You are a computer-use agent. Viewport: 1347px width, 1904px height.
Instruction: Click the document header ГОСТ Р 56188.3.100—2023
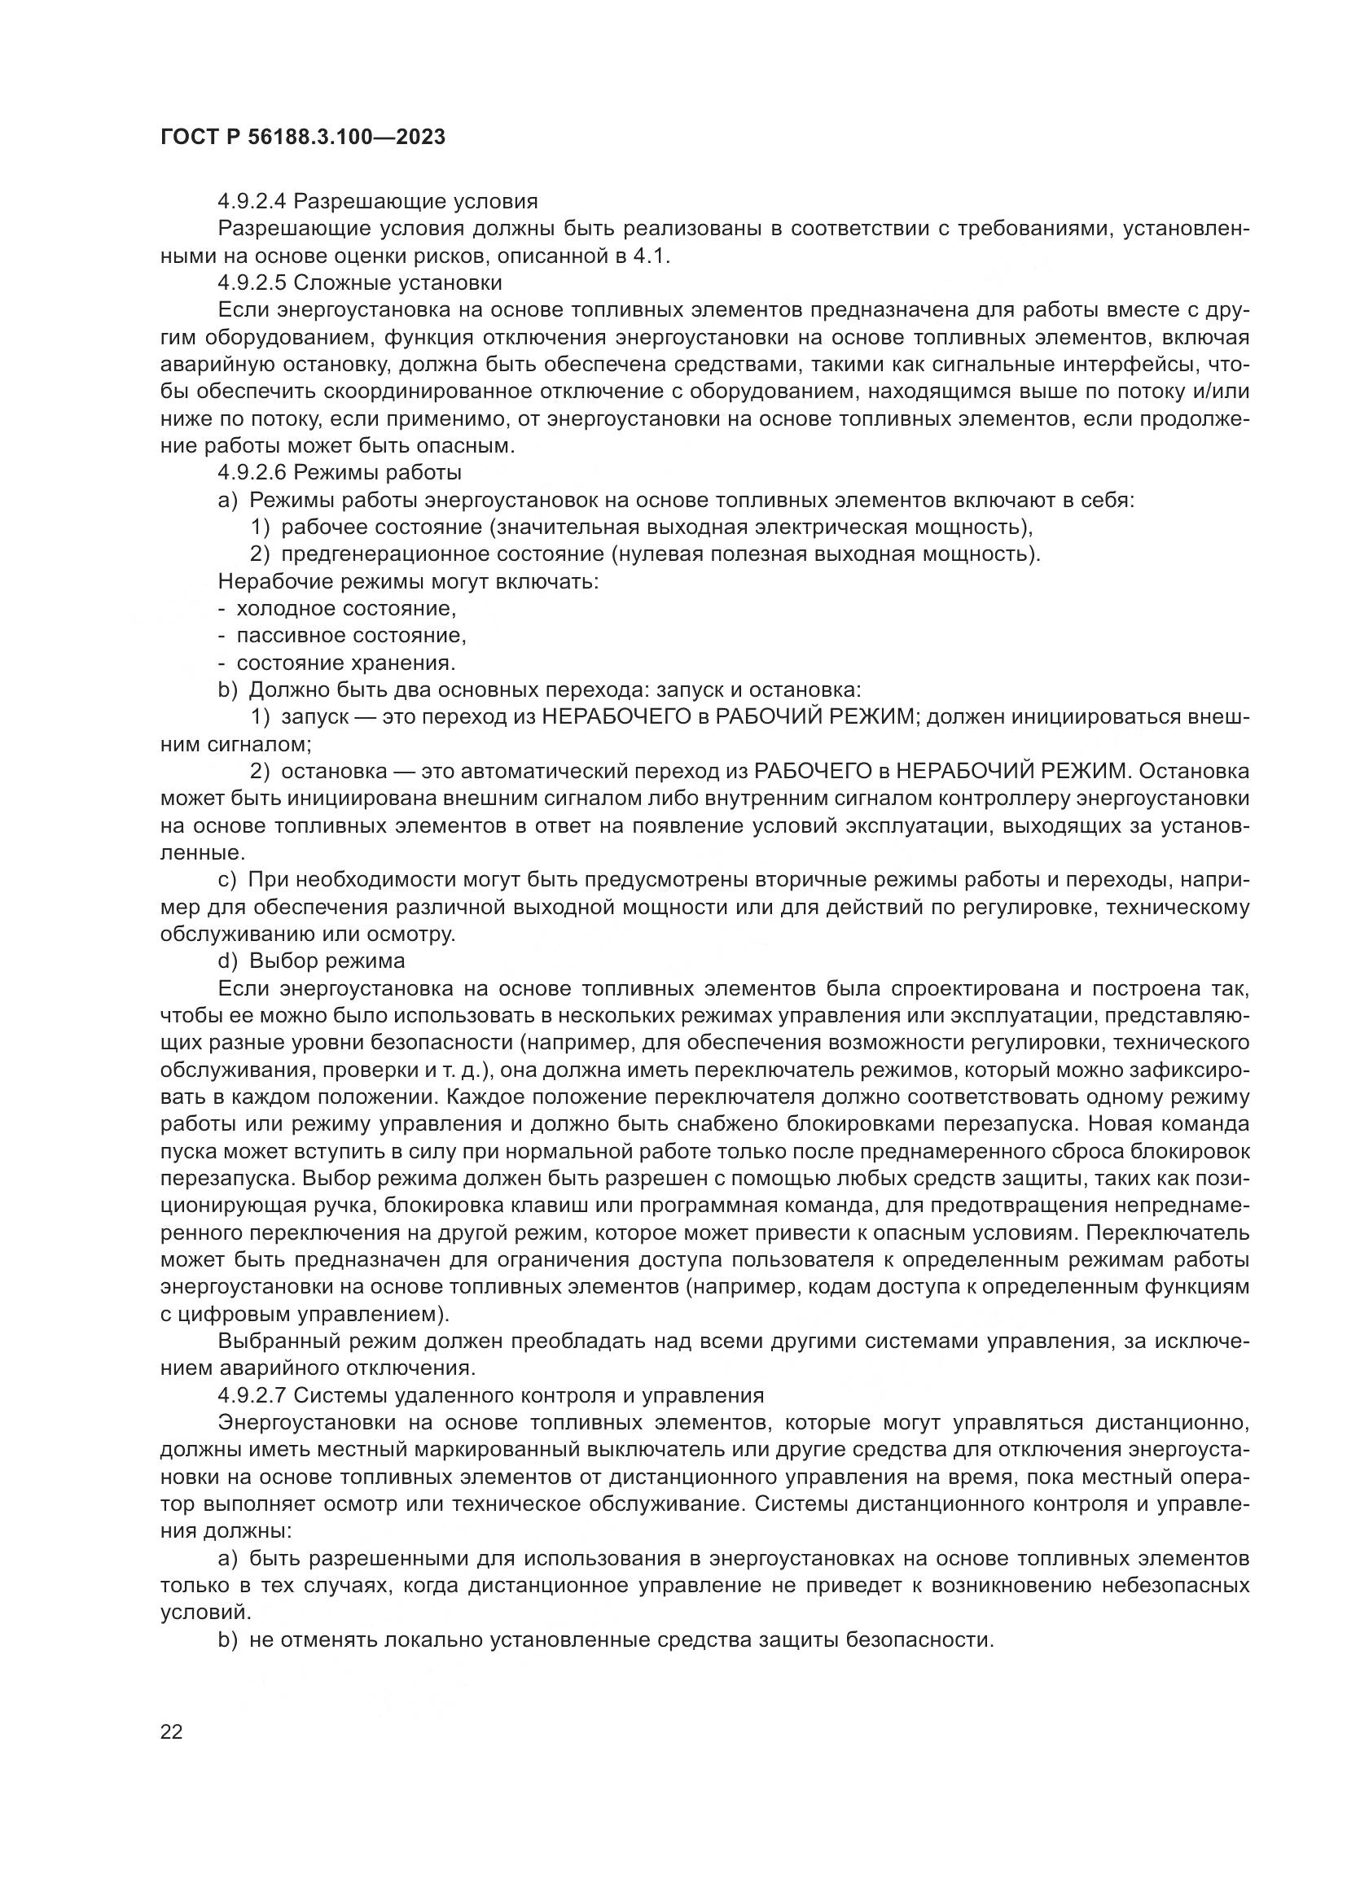click(x=303, y=138)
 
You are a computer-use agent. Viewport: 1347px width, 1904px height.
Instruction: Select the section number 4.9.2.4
click(x=252, y=202)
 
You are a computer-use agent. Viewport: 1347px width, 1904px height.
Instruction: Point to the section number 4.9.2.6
click(x=252, y=473)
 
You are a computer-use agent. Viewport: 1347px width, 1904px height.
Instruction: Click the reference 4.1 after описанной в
click(x=652, y=256)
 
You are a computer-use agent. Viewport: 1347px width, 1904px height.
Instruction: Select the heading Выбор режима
click(x=327, y=961)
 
